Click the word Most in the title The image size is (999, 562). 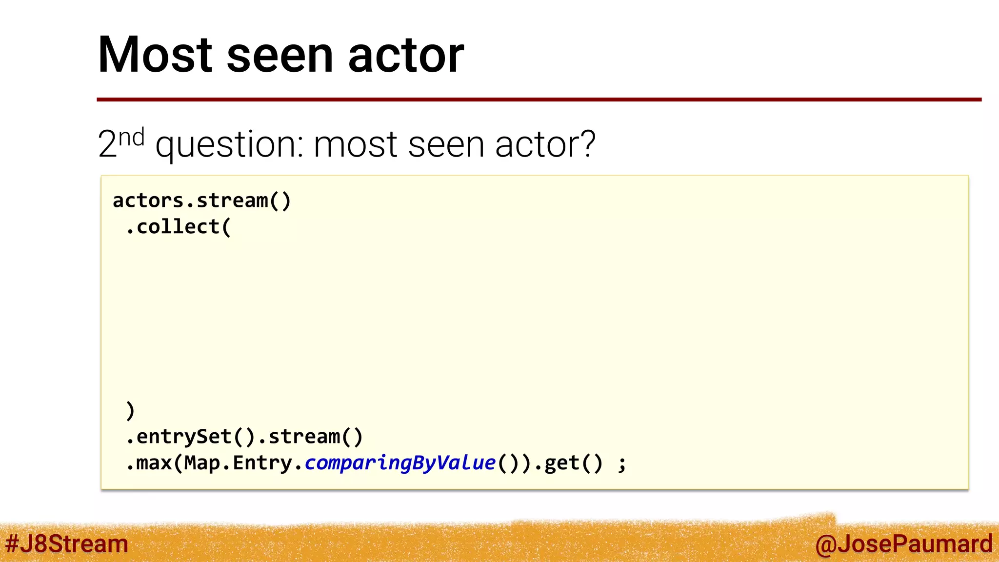coord(155,55)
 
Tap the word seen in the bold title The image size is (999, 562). coord(280,56)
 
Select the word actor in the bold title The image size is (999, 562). coord(406,56)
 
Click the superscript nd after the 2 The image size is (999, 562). coord(132,138)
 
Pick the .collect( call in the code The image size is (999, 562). coord(178,227)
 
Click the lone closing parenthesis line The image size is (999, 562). coord(130,410)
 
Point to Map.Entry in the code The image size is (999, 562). coord(238,463)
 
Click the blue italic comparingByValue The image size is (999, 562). coord(400,463)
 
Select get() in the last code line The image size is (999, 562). coord(573,463)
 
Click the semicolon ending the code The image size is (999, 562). coord(621,464)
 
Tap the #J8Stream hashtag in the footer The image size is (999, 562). coord(67,543)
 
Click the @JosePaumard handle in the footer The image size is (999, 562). coord(903,543)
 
